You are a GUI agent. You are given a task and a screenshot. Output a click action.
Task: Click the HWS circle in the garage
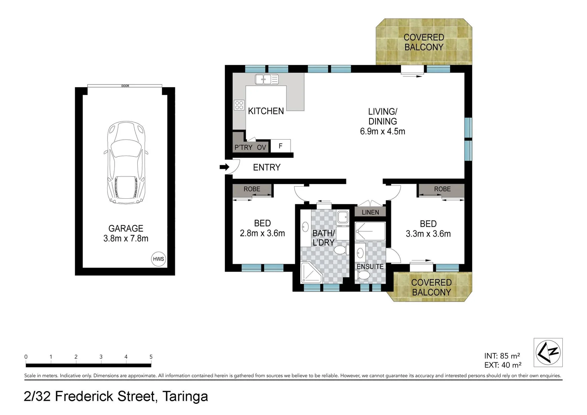(158, 259)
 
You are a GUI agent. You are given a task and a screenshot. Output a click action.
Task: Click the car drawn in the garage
(126, 163)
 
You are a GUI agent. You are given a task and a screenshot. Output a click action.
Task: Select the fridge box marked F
(281, 146)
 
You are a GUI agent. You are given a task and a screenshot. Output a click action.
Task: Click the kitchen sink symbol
(266, 80)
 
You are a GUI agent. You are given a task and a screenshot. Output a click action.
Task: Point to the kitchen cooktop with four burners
(239, 105)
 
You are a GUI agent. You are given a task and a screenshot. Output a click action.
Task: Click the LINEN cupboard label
(370, 212)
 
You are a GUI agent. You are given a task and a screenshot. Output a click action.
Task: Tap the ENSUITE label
(370, 266)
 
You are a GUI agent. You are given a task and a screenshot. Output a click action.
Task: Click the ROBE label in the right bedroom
(442, 189)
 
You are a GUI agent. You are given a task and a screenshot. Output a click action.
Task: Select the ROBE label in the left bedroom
(252, 189)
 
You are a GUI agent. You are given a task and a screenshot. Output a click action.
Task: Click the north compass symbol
(548, 352)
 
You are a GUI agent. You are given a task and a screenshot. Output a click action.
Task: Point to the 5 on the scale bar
(151, 357)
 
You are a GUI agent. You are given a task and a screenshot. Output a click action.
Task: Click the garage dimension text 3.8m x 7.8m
(126, 238)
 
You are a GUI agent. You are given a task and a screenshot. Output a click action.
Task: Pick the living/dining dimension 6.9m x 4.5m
(382, 131)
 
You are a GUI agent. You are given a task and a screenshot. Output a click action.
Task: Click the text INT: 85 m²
(502, 356)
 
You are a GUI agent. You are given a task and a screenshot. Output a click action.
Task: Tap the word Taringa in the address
(185, 396)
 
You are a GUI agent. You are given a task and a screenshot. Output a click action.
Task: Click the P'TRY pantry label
(243, 148)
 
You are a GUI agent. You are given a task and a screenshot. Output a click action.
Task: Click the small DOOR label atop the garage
(125, 86)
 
